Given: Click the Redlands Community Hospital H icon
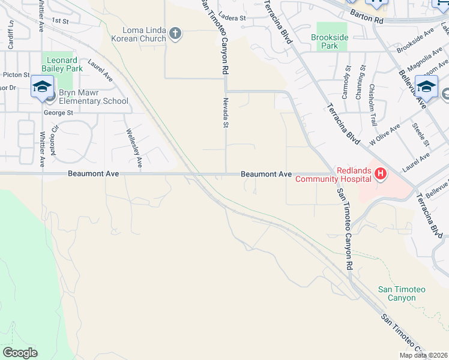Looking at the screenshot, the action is pyautogui.click(x=380, y=175).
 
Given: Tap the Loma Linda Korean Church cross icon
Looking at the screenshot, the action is pyautogui.click(x=175, y=33).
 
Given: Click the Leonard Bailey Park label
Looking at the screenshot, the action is pyautogui.click(x=59, y=65).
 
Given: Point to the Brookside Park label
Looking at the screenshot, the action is pyautogui.click(x=330, y=41).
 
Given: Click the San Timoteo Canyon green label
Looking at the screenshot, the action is pyautogui.click(x=402, y=293).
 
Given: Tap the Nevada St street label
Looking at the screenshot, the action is pyautogui.click(x=226, y=113).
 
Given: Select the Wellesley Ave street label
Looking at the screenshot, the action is pyautogui.click(x=133, y=148).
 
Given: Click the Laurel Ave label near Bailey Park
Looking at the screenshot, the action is pyautogui.click(x=100, y=70).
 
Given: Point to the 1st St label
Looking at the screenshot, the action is pyautogui.click(x=61, y=20).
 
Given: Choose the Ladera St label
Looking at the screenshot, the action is pyautogui.click(x=233, y=18).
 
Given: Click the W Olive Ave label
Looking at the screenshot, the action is pyautogui.click(x=385, y=135).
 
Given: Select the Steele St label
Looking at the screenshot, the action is pyautogui.click(x=421, y=133).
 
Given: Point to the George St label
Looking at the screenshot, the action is pyautogui.click(x=58, y=112).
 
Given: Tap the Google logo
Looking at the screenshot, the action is pyautogui.click(x=20, y=353).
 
